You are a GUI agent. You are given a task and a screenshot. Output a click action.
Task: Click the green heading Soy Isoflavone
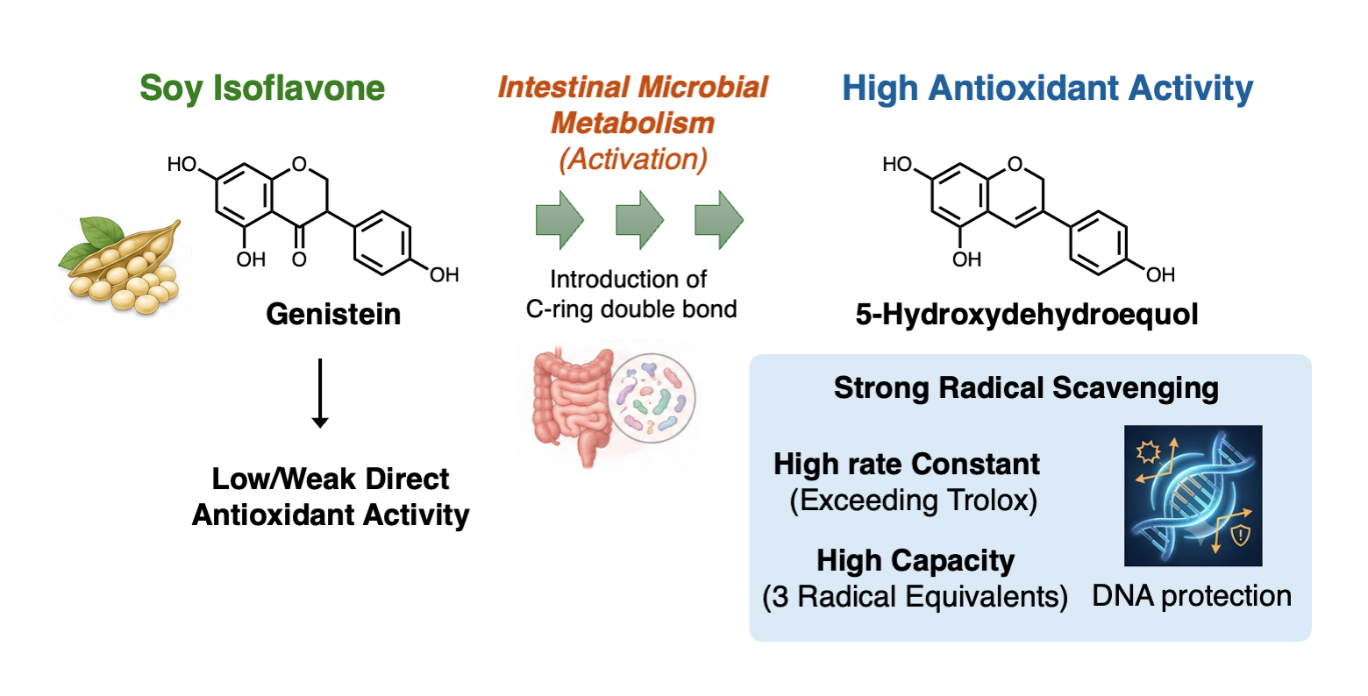tap(262, 89)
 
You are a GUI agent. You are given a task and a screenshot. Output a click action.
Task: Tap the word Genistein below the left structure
tap(333, 315)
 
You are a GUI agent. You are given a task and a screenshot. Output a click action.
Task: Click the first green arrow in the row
tap(559, 220)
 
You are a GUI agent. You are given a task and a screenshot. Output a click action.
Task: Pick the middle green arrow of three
tap(639, 220)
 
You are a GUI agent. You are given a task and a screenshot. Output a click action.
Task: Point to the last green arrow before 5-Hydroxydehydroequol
tap(719, 220)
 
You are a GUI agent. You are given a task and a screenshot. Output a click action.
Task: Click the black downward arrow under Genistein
tap(320, 394)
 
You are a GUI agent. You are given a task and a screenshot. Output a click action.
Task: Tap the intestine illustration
tap(571, 406)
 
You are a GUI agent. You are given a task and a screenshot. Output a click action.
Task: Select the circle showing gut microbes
tap(652, 398)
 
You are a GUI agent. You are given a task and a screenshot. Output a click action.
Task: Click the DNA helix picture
tap(1193, 496)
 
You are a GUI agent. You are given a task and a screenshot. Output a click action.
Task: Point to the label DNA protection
tap(1192, 596)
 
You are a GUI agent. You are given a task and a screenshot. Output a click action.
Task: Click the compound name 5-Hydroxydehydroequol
tap(1027, 315)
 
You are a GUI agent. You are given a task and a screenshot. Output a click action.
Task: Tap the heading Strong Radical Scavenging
tap(1026, 388)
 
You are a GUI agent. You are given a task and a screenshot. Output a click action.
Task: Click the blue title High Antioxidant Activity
tap(1047, 89)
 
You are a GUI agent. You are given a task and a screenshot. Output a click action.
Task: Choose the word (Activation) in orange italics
tap(633, 160)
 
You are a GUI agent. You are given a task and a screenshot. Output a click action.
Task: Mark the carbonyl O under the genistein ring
tap(299, 259)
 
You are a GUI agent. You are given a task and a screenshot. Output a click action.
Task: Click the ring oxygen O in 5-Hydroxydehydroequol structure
tap(1015, 164)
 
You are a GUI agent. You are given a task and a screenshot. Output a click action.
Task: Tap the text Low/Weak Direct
tap(331, 479)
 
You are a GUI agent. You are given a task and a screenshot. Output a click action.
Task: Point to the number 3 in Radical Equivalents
tap(780, 596)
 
